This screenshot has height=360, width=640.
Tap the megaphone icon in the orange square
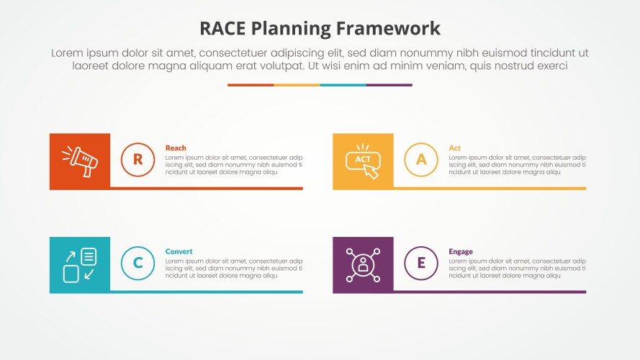click(79, 161)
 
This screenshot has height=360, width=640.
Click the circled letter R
click(138, 160)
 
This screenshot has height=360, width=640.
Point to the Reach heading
click(176, 148)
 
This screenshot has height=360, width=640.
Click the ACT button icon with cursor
click(363, 161)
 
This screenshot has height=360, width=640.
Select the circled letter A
click(421, 160)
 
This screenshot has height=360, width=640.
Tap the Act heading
click(455, 148)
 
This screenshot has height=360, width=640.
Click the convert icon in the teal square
click(79, 265)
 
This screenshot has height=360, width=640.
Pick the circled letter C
click(138, 264)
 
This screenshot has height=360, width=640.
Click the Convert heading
click(179, 251)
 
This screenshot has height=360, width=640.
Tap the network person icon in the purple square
click(363, 265)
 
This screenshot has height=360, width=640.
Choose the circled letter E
click(421, 264)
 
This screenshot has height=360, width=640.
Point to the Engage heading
click(461, 251)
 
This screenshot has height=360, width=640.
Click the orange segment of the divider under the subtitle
click(251, 85)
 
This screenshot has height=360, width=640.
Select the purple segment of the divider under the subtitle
click(389, 85)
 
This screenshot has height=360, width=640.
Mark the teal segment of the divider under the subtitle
click(343, 85)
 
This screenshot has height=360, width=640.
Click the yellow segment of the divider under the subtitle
click(297, 85)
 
